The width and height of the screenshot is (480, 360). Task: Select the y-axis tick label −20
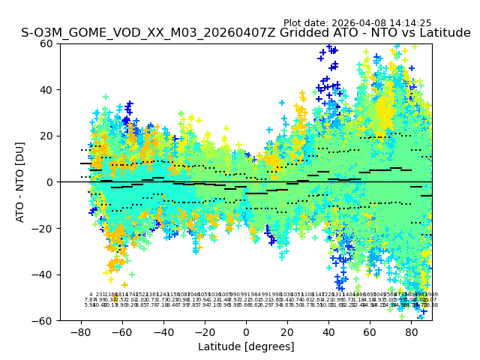[45, 228]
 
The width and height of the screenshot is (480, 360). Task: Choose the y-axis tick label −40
[45, 274]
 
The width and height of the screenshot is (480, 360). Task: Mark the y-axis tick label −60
[45, 320]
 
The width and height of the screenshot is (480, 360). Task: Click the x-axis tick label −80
[80, 331]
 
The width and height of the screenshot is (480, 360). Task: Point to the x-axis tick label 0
[246, 331]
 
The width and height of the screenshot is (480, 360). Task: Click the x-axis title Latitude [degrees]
[246, 346]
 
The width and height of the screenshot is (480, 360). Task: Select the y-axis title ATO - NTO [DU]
[20, 182]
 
